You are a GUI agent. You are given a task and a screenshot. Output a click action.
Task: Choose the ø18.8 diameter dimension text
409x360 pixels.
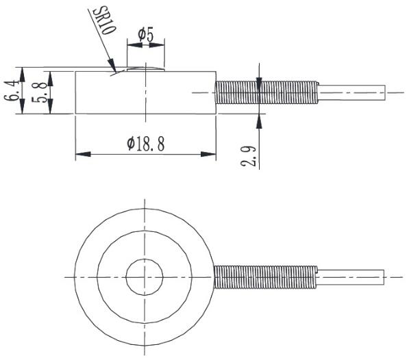point(145,143)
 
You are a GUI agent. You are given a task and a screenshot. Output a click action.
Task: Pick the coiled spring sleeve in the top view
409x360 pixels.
point(266,277)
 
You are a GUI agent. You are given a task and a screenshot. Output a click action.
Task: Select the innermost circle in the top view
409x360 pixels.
point(145,277)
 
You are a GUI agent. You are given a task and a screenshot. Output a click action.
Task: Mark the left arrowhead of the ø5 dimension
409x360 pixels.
point(131,46)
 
